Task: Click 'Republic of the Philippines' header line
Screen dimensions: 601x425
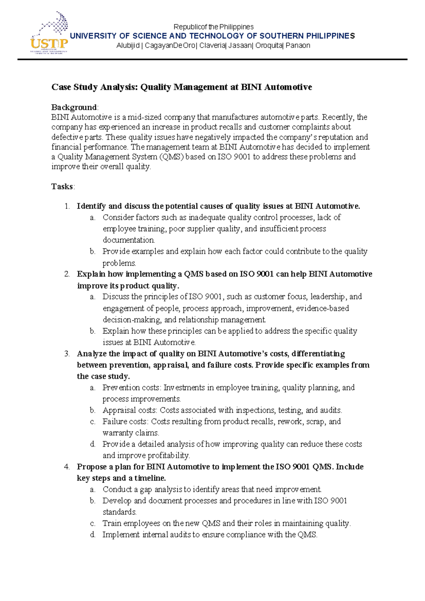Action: (x=213, y=27)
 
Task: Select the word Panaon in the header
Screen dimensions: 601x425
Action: (x=298, y=45)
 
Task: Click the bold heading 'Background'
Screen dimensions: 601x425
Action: (x=74, y=107)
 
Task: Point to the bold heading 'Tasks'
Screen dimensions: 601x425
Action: (x=62, y=187)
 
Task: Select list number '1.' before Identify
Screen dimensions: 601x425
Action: (x=67, y=206)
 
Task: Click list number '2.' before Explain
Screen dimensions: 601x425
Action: (x=67, y=274)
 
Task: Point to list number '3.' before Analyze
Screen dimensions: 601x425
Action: (x=67, y=354)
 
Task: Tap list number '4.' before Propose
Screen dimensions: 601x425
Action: (x=67, y=467)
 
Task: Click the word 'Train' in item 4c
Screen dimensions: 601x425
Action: (x=111, y=523)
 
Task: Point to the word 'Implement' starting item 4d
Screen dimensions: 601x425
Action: (x=121, y=535)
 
